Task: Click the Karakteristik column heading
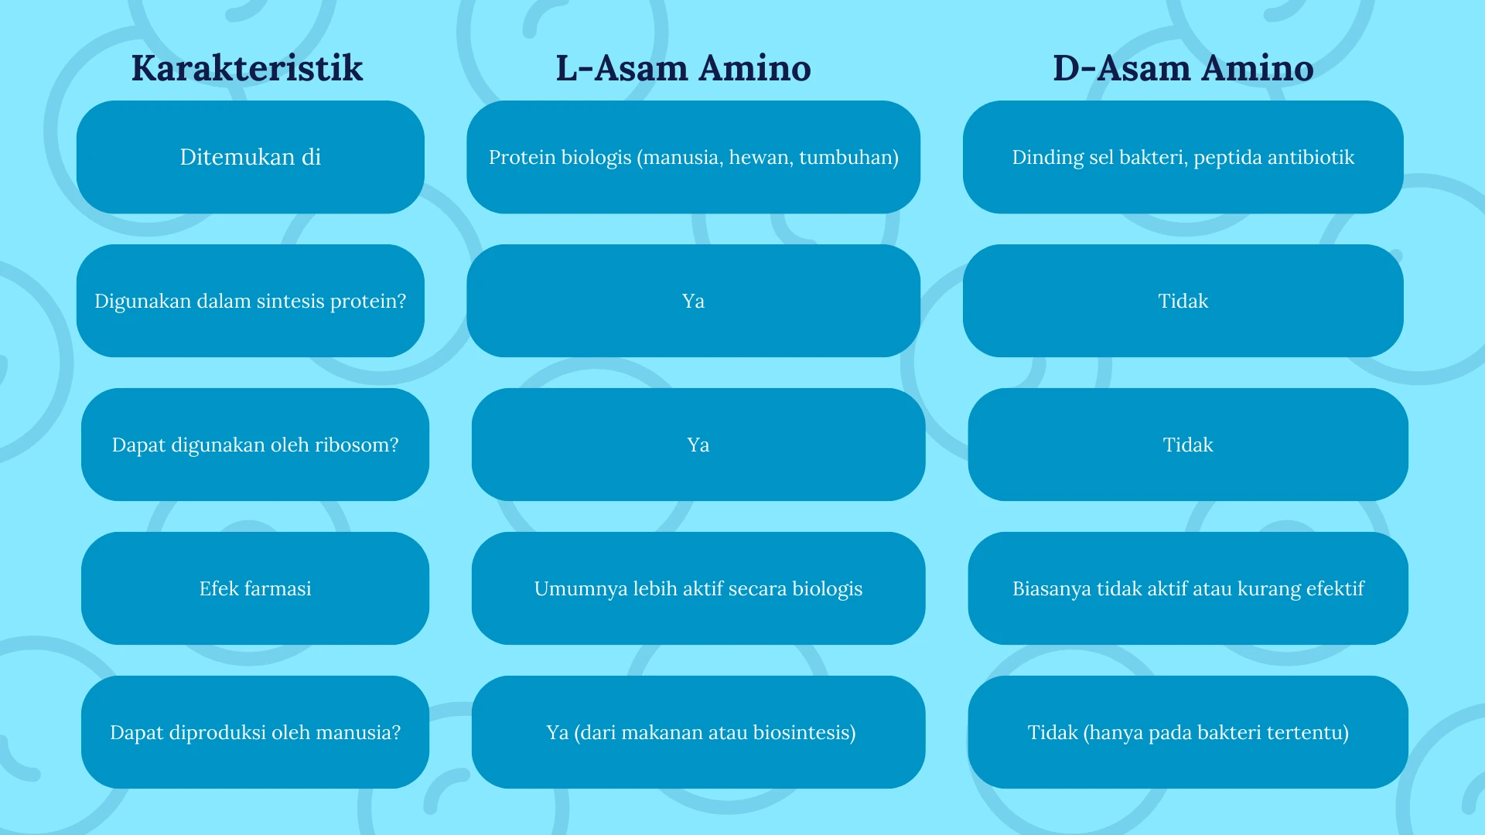click(x=247, y=68)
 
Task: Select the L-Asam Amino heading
click(x=684, y=68)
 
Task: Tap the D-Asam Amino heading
click(x=1183, y=68)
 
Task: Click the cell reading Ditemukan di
click(x=251, y=157)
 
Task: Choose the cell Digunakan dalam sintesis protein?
click(x=251, y=301)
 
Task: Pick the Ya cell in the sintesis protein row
click(x=694, y=301)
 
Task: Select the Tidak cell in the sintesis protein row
click(x=1183, y=301)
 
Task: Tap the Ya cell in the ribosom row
click(x=698, y=445)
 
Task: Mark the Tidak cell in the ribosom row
click(x=1188, y=445)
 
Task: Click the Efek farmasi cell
click(x=255, y=588)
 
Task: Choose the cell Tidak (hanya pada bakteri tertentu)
click(x=1188, y=732)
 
